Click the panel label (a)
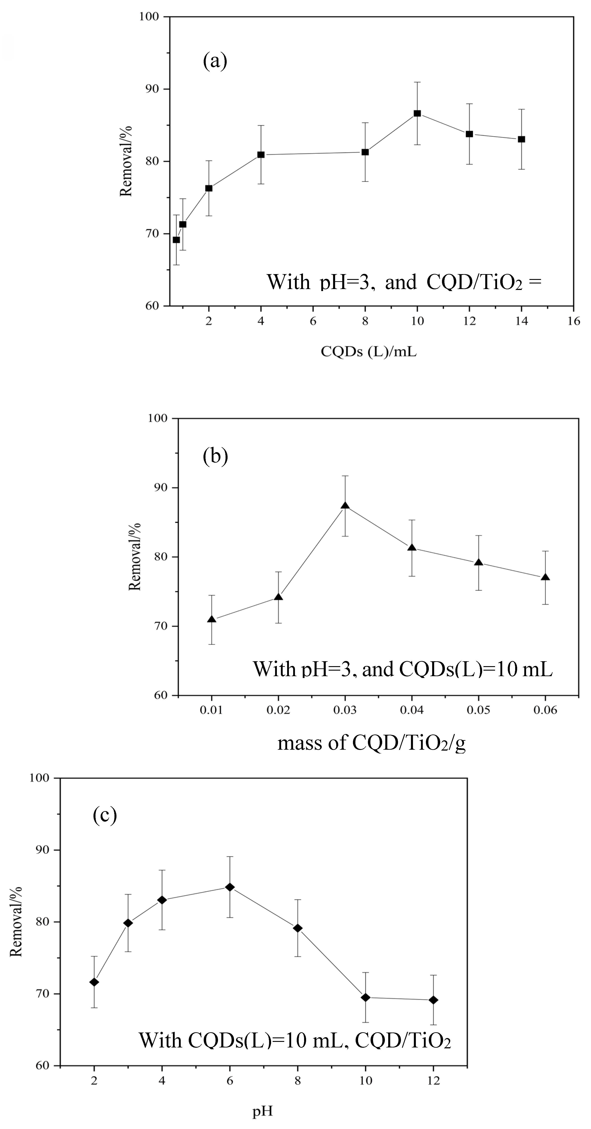[215, 61]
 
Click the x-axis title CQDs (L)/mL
[369, 351]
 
